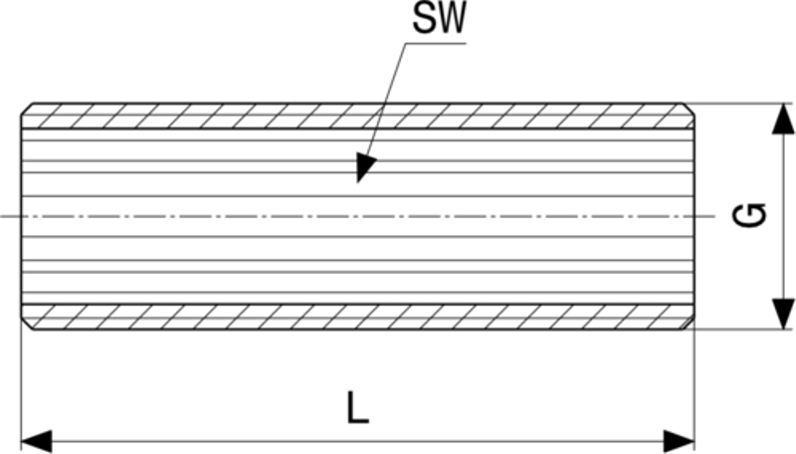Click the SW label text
[x=439, y=20]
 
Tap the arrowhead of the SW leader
[x=365, y=166]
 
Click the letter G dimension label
[x=749, y=215]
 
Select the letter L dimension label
[x=358, y=407]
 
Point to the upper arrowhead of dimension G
[x=783, y=118]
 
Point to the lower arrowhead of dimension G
[x=783, y=314]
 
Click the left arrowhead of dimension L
[x=37, y=441]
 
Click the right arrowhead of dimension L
[x=679, y=441]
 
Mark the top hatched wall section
[x=358, y=115]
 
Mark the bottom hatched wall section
[x=358, y=317]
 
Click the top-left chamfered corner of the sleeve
[x=27, y=109]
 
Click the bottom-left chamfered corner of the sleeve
[x=27, y=324]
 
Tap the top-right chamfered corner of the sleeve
[x=689, y=110]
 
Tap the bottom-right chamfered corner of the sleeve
[x=689, y=324]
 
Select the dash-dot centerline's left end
[x=2, y=216]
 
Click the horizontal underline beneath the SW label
[x=436, y=43]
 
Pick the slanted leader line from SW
[x=386, y=98]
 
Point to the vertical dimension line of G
[x=783, y=216]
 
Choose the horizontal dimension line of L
[x=358, y=441]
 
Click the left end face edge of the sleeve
[x=21, y=216]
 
